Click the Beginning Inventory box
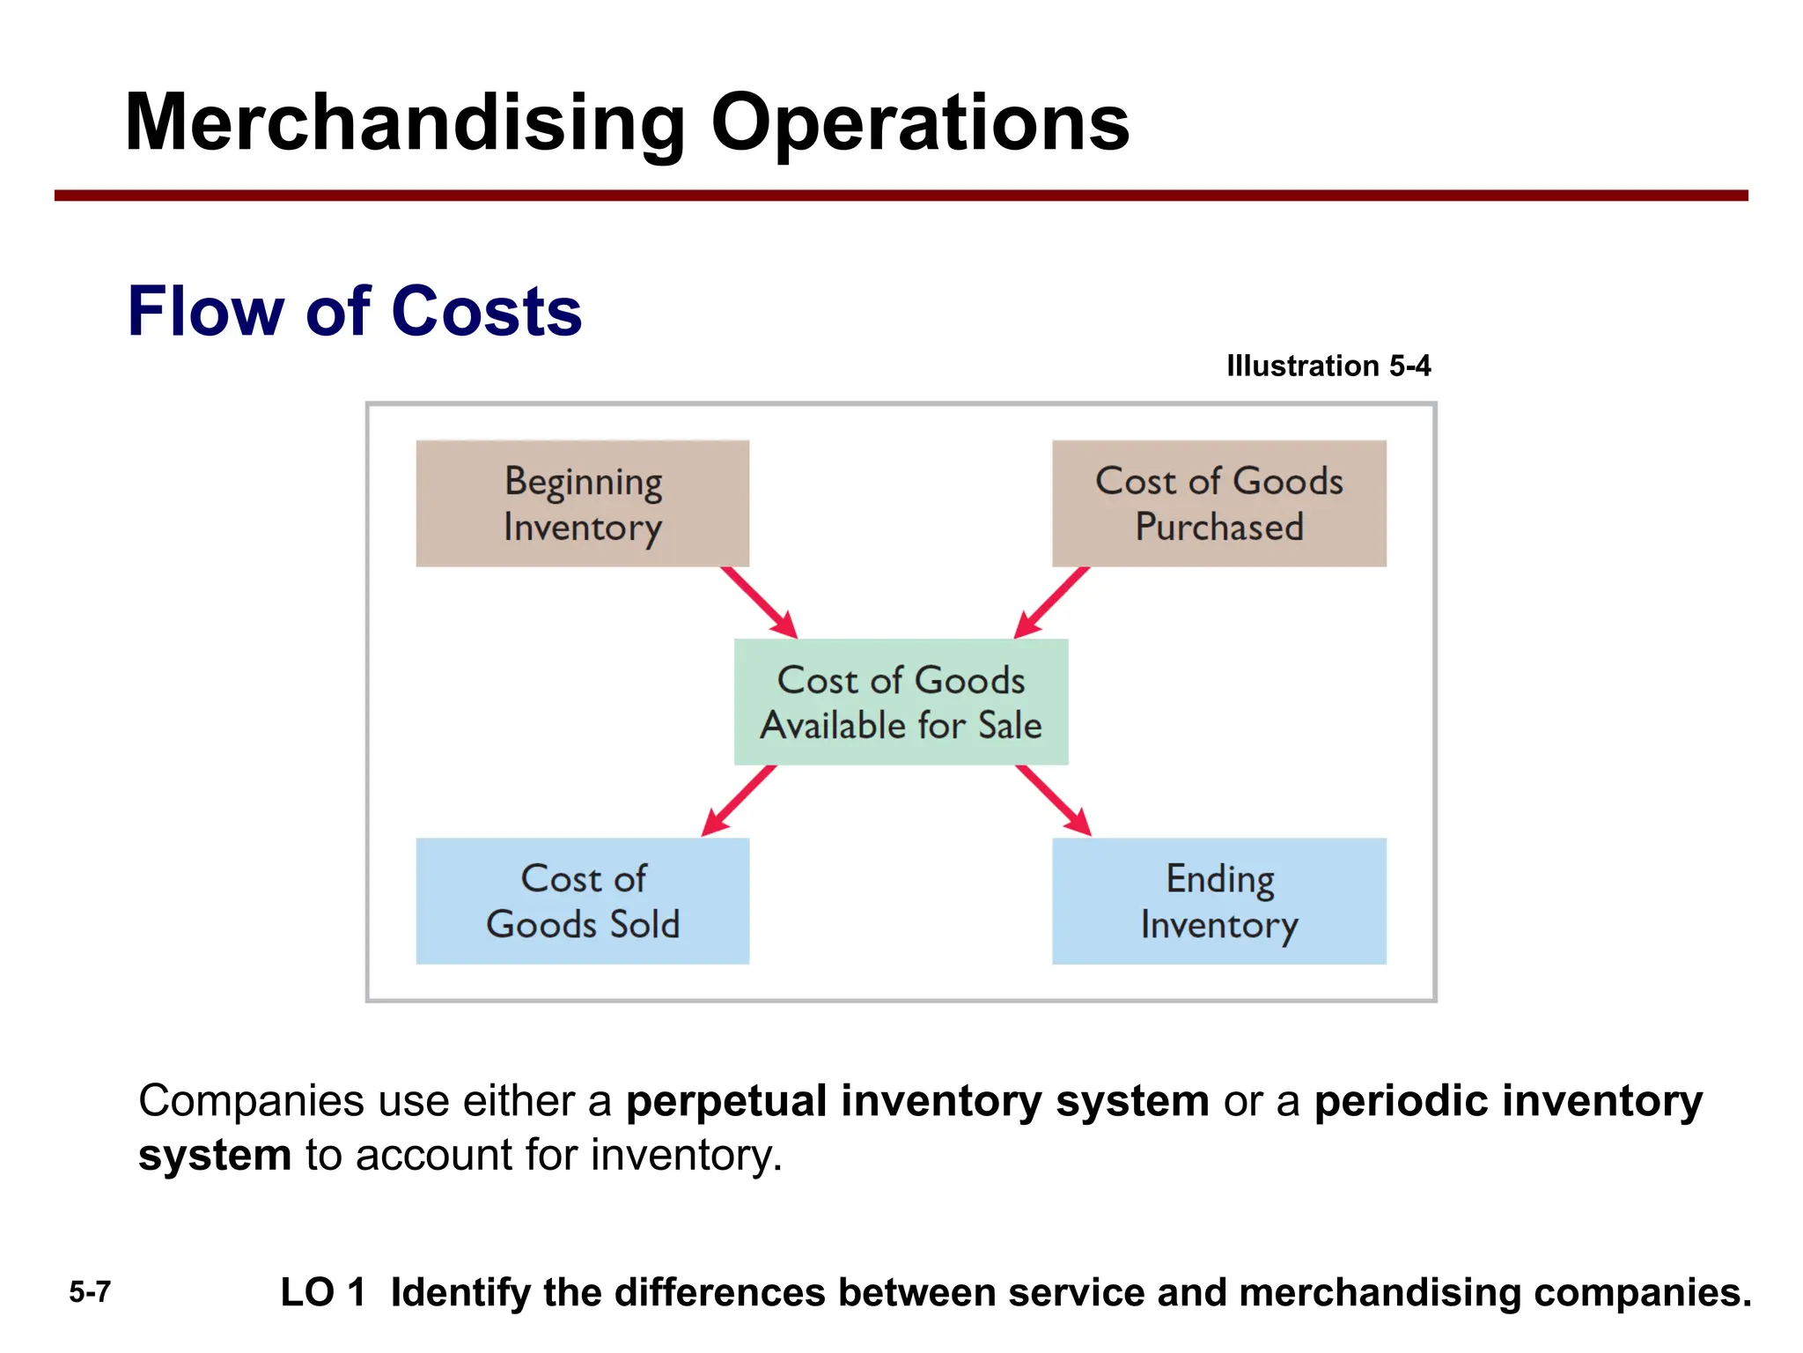pos(582,504)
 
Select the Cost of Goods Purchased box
pos(1218,504)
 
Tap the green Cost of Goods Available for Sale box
pos(901,702)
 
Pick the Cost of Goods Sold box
pos(582,900)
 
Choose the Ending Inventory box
pos(1218,900)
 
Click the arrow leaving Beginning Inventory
pos(758,602)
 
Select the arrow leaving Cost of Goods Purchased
pos(1052,603)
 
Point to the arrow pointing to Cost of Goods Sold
pos(740,800)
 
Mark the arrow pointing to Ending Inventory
pos(1053,800)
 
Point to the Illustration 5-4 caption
pos(1328,366)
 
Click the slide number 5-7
pos(90,1292)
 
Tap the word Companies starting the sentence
pos(251,1101)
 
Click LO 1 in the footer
pos(322,1292)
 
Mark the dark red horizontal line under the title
pos(901,196)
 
